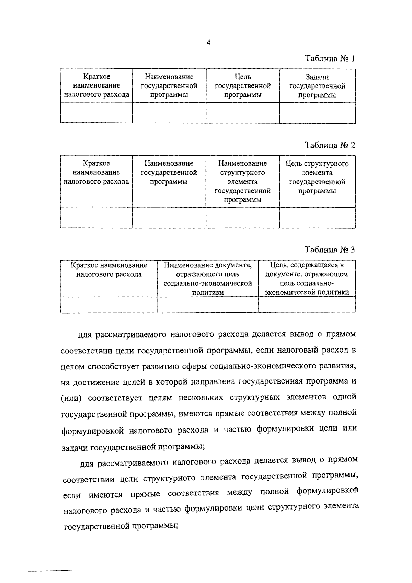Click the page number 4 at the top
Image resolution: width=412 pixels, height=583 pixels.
pos(208,43)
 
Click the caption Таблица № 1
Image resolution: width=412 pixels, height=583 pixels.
pos(330,59)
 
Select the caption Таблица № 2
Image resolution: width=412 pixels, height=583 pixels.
pos(330,145)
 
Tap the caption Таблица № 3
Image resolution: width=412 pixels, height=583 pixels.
pos(330,250)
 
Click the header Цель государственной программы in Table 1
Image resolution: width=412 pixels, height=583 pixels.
pos(243,86)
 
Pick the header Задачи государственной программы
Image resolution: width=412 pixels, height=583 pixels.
pos(317,86)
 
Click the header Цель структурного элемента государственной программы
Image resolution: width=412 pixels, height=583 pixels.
pos(317,177)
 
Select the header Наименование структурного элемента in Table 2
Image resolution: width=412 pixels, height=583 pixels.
pos(243,182)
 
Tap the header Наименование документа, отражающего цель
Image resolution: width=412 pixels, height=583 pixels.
pos(208,279)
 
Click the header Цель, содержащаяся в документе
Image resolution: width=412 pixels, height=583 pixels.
pos(307,279)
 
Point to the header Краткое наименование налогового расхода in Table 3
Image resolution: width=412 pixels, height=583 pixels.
pos(109,270)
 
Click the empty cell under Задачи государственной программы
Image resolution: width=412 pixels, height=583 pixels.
pos(317,113)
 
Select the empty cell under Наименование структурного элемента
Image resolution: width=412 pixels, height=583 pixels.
pos(243,218)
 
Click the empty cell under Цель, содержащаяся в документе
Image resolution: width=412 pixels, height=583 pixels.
pos(307,305)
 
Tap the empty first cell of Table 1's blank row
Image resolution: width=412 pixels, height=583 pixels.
pos(96,113)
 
